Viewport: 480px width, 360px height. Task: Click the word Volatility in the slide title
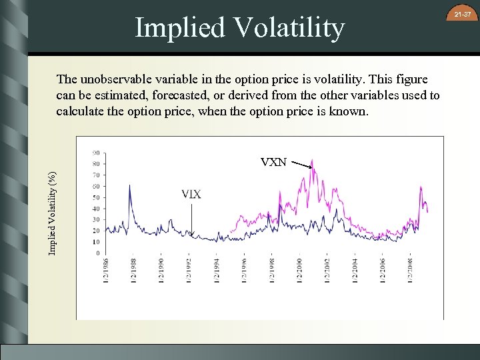point(290,28)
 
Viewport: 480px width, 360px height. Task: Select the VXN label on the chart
point(274,162)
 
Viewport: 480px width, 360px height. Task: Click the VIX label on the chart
point(191,195)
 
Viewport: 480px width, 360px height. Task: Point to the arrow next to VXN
point(302,165)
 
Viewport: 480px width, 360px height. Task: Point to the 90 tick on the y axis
point(97,152)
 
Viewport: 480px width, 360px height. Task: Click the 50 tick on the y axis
point(97,197)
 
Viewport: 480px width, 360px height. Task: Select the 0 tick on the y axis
point(98,253)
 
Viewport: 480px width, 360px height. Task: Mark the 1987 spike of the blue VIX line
point(129,186)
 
